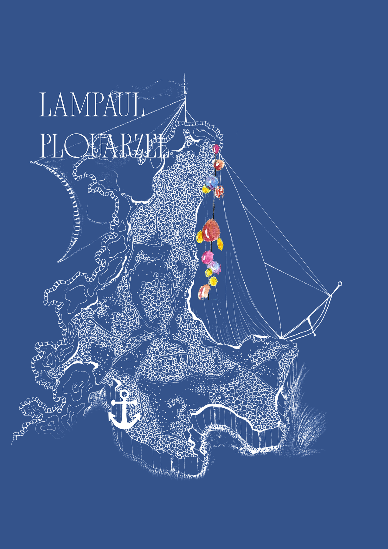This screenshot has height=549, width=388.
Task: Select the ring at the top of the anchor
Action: click(x=124, y=394)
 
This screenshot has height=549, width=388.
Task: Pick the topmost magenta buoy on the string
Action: click(x=216, y=149)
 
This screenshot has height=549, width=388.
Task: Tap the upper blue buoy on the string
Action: click(x=212, y=182)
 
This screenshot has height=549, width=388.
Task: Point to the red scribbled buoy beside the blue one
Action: click(x=219, y=192)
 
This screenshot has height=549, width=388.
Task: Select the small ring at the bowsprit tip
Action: click(x=340, y=284)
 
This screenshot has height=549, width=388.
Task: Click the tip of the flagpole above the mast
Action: click(x=184, y=75)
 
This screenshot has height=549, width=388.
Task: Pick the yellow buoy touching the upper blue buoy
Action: click(x=206, y=190)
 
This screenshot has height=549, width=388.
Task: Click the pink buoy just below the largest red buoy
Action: click(x=208, y=257)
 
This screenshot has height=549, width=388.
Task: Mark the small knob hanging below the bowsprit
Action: click(x=314, y=334)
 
